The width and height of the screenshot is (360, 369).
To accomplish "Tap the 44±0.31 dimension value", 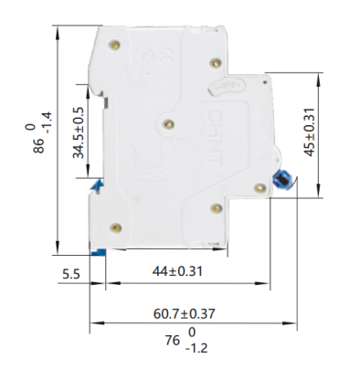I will tap(178, 272).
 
